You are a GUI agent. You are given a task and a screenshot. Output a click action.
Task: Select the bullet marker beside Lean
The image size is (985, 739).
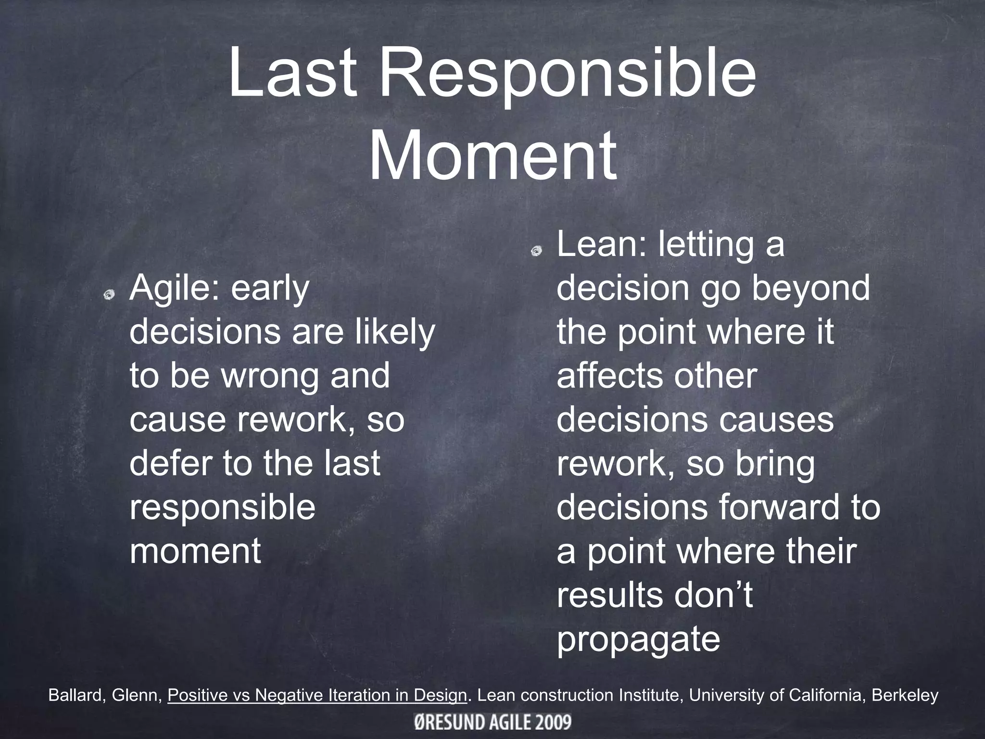(537, 250)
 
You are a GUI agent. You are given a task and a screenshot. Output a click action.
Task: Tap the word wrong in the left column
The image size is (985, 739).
(270, 376)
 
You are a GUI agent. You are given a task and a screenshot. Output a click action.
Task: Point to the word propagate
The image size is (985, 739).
(638, 639)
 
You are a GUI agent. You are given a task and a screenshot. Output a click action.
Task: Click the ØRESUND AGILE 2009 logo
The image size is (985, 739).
(492, 722)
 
